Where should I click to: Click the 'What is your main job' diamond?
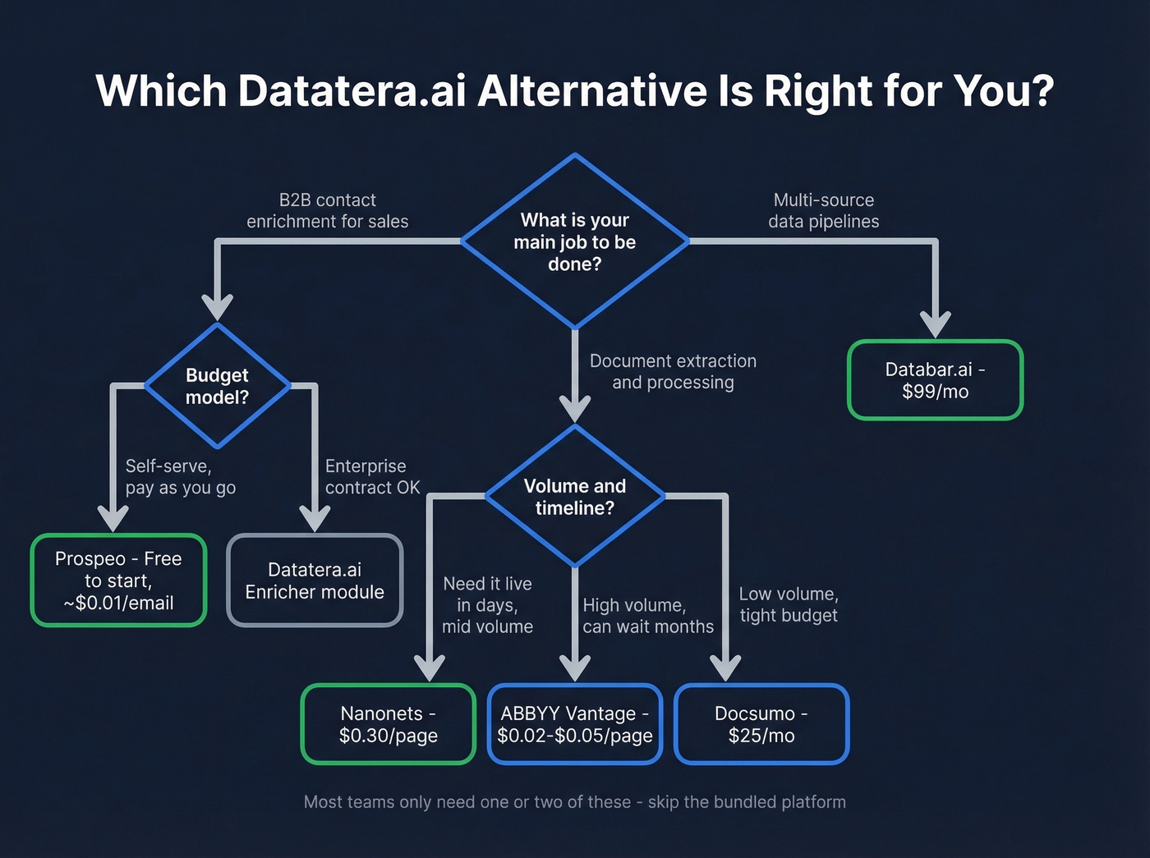(x=575, y=241)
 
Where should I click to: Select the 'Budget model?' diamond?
(x=217, y=386)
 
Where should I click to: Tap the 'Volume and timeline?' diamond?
(x=575, y=497)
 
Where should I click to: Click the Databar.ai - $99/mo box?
(x=935, y=380)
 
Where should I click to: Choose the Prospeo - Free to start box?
(x=118, y=580)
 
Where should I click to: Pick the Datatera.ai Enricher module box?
(x=315, y=580)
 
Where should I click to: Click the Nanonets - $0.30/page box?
(x=388, y=724)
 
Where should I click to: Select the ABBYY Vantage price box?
(x=575, y=724)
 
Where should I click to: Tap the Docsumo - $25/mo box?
(x=761, y=724)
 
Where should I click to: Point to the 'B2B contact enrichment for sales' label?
(x=327, y=211)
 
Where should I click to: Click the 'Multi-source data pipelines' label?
(x=823, y=211)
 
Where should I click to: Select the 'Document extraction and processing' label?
(x=673, y=372)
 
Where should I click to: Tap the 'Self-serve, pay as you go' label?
(x=180, y=477)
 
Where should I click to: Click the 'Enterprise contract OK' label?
(x=372, y=477)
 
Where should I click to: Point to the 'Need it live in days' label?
(x=487, y=605)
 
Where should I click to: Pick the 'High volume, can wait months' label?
(x=647, y=616)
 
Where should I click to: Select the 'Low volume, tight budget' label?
(x=788, y=604)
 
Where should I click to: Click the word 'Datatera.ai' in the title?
(x=352, y=90)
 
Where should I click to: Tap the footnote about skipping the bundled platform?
(x=575, y=802)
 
